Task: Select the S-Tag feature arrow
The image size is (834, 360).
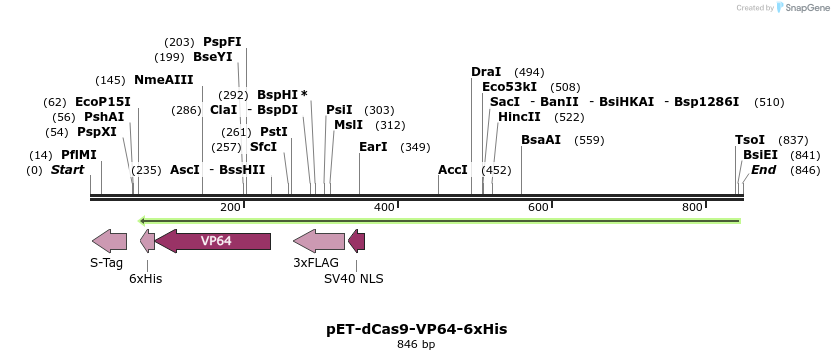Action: point(109,241)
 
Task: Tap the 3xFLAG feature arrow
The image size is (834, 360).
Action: point(318,241)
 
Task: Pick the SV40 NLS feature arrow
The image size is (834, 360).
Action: point(356,241)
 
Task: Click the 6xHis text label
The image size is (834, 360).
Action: point(145,278)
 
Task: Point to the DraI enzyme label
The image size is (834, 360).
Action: point(486,72)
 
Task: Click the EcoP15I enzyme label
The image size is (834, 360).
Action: point(103,102)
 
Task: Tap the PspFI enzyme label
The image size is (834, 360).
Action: point(222,42)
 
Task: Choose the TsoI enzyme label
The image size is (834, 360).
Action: point(750,140)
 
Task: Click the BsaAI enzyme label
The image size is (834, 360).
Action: point(541,140)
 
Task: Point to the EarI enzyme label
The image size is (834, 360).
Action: point(373,147)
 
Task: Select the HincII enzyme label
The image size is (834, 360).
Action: point(519,117)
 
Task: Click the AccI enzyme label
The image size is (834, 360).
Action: point(453,170)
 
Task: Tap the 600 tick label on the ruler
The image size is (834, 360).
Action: point(538,207)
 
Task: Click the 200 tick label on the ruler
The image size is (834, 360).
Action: point(230,207)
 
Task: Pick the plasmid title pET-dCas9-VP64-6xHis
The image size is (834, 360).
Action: point(416,328)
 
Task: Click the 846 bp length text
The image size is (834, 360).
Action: point(416,345)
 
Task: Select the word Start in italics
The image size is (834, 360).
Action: point(68,170)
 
